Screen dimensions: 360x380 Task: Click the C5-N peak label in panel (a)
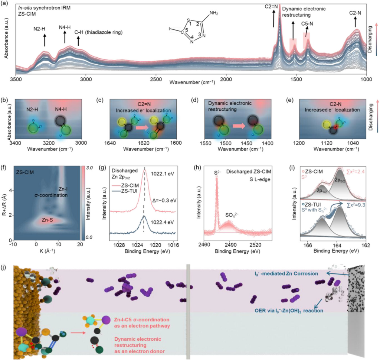[x=307, y=24]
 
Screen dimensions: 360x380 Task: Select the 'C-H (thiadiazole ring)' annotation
[x=98, y=32]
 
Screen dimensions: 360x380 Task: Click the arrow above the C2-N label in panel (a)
[x=356, y=23]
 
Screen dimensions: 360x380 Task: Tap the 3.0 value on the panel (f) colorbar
[x=90, y=168]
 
